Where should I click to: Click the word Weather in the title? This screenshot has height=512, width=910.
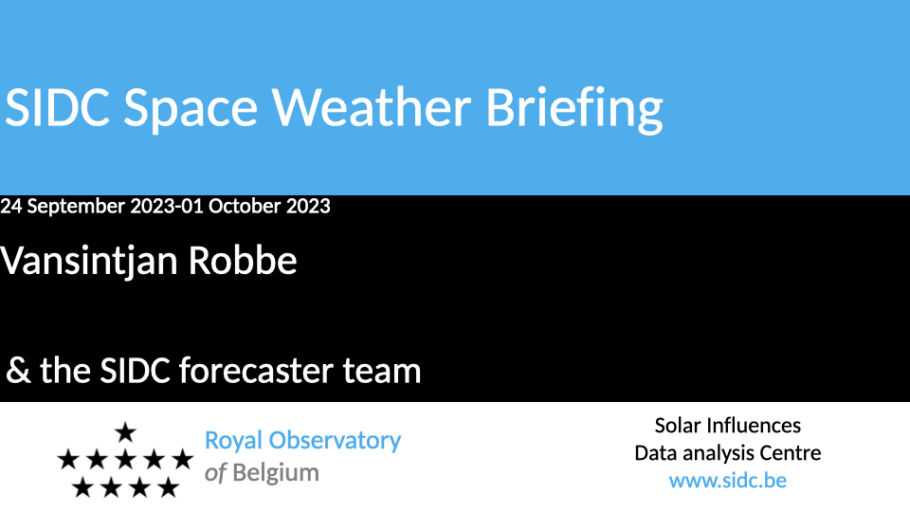click(372, 107)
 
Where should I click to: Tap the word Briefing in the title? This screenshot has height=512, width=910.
click(574, 110)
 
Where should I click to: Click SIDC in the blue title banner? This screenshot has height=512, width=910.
click(57, 107)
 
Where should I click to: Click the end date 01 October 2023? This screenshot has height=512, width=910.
click(255, 206)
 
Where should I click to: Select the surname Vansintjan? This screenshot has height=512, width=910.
click(89, 261)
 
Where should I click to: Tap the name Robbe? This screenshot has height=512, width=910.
click(243, 260)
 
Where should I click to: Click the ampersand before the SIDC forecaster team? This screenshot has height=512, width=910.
click(18, 371)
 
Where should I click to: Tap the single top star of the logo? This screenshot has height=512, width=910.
click(125, 432)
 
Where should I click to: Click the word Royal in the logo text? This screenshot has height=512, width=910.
click(233, 441)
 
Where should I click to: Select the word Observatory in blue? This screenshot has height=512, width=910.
click(335, 441)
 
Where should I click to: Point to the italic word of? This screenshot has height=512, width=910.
click(215, 472)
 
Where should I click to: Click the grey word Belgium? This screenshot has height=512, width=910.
click(276, 473)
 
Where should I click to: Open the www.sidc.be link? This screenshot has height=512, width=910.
click(728, 481)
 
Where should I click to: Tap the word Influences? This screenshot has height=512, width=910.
click(755, 426)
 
